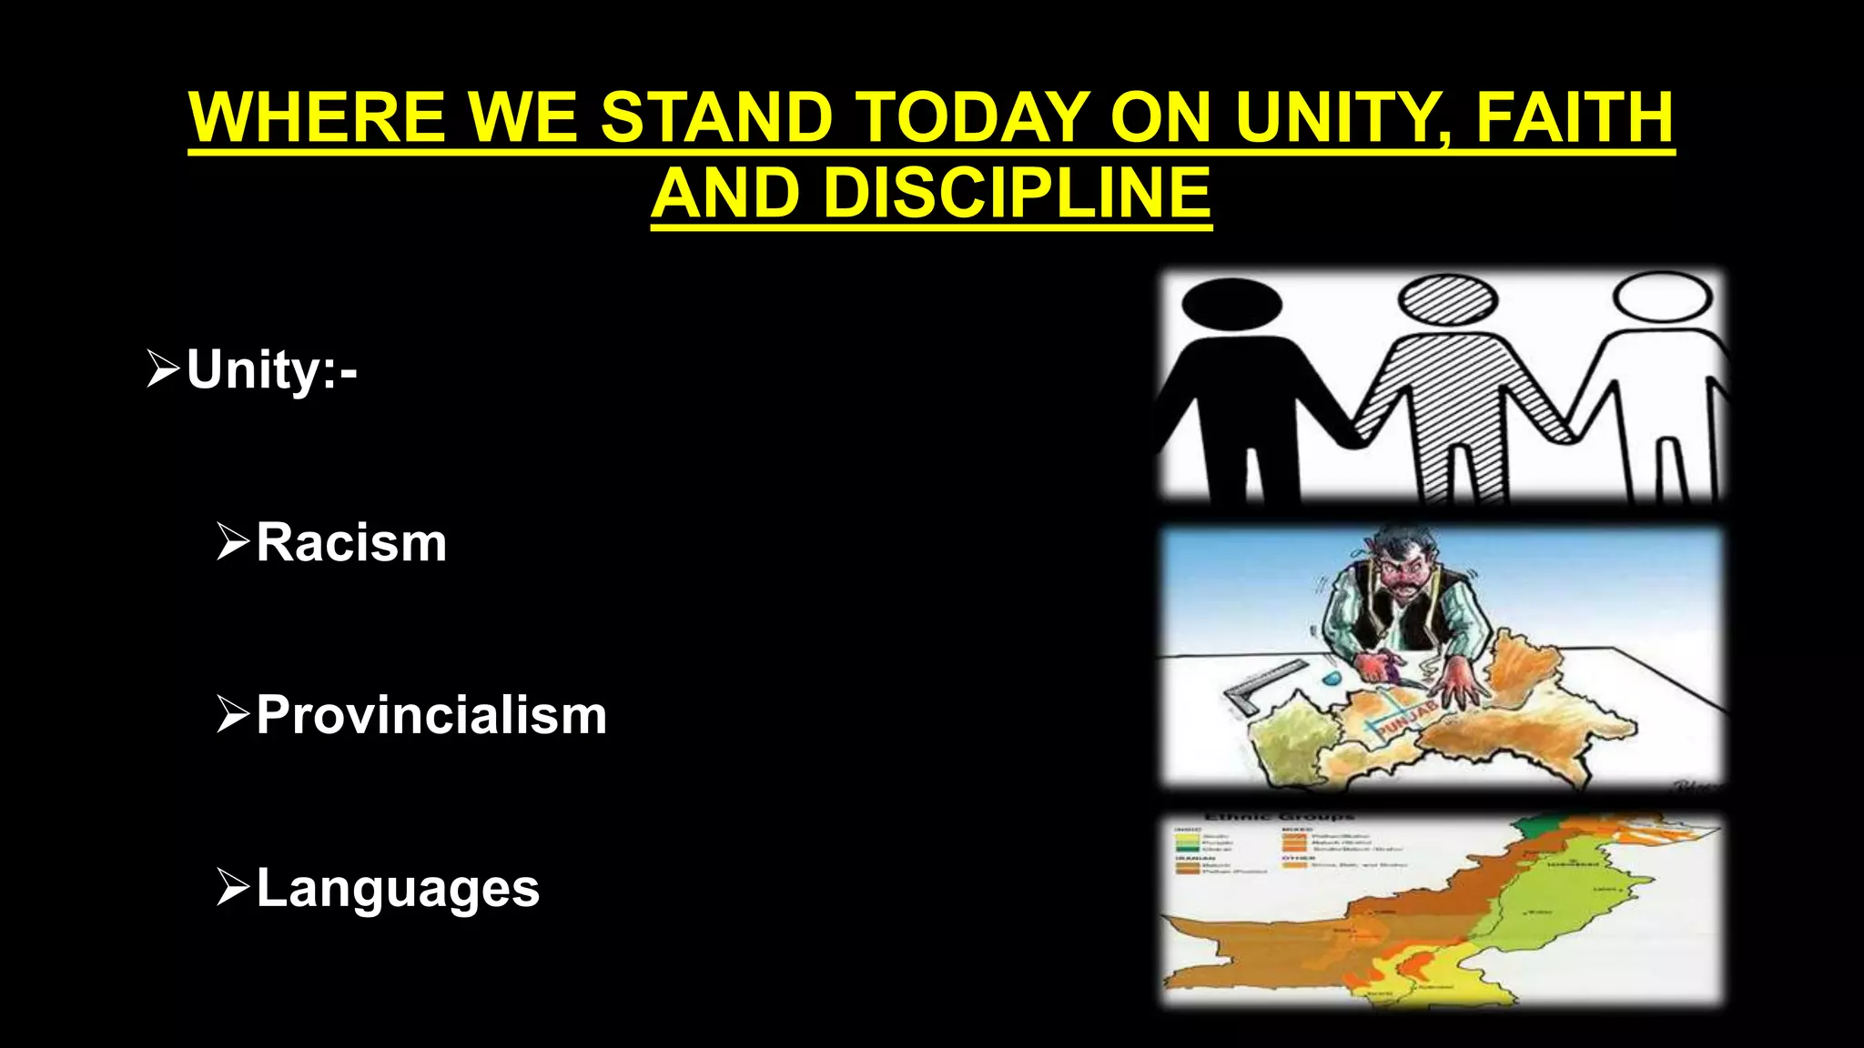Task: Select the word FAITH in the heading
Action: pyautogui.click(x=1574, y=117)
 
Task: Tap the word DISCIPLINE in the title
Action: pyautogui.click(x=1017, y=194)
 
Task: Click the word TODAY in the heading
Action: pyautogui.click(x=974, y=117)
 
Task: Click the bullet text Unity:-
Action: pyautogui.click(x=271, y=370)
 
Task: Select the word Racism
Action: pyautogui.click(x=351, y=543)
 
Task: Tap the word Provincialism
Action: pyautogui.click(x=431, y=715)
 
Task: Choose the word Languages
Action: pyautogui.click(x=398, y=888)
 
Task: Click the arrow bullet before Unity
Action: pyautogui.click(x=163, y=369)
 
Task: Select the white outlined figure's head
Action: pyautogui.click(x=1662, y=297)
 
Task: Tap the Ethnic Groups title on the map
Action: pyautogui.click(x=1279, y=817)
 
